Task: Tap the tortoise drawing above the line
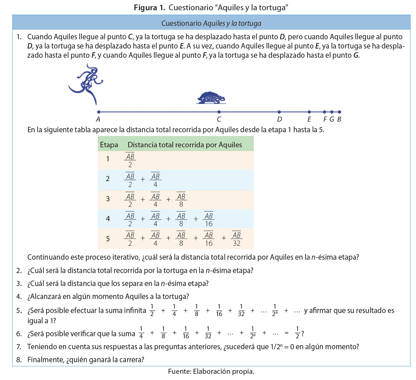tap(211, 98)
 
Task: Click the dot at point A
tap(99, 112)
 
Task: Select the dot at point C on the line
tap(219, 112)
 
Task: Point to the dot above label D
tap(279, 112)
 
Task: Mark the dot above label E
tap(309, 112)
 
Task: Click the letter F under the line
tap(325, 119)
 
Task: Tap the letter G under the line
tap(331, 119)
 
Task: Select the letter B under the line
tap(339, 119)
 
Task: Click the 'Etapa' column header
tap(109, 145)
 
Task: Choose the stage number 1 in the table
tap(108, 159)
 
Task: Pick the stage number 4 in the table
tap(108, 219)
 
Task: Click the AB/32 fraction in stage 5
tap(236, 239)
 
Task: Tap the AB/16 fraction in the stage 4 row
tap(209, 220)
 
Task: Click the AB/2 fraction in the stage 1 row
tap(130, 160)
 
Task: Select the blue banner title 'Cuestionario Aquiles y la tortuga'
tap(211, 23)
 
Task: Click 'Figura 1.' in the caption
tap(149, 8)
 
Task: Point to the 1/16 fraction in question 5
tap(219, 310)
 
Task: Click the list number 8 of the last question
tap(19, 360)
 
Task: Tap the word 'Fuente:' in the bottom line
tap(179, 371)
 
